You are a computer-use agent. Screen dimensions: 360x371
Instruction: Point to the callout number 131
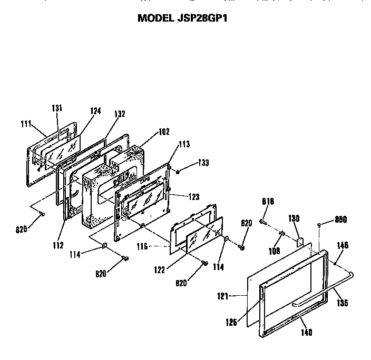pos(57,108)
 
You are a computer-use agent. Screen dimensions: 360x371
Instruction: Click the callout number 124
pos(95,111)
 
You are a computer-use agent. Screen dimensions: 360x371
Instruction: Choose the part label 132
pos(120,114)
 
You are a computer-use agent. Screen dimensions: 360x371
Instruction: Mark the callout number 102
pos(164,132)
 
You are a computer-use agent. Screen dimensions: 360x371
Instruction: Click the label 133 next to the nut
pos(203,163)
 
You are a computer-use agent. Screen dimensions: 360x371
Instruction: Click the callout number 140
pos(307,332)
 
